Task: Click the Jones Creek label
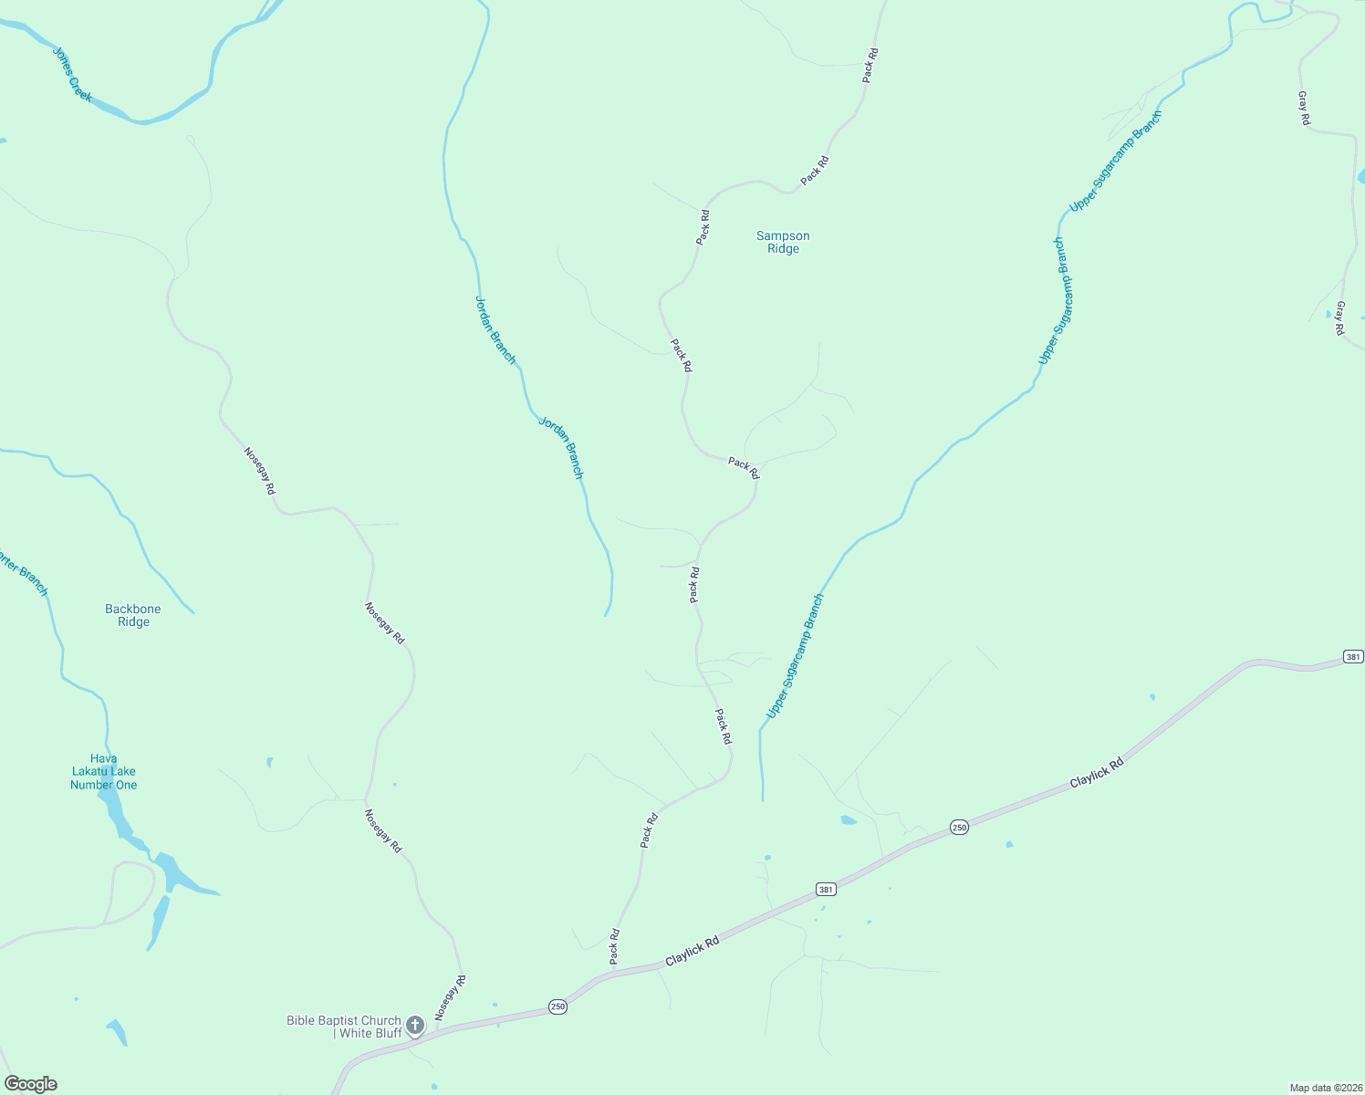pyautogui.click(x=72, y=75)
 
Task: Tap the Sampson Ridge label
pyautogui.click(x=783, y=242)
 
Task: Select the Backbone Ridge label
pyautogui.click(x=133, y=615)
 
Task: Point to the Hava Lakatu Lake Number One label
pyautogui.click(x=103, y=772)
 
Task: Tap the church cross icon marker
pyautogui.click(x=415, y=1025)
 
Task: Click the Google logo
pyautogui.click(x=31, y=1084)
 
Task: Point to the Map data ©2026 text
pyautogui.click(x=1325, y=1088)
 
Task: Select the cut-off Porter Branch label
pyautogui.click(x=24, y=574)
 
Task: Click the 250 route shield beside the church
pyautogui.click(x=557, y=1006)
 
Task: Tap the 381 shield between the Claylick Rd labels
pyautogui.click(x=826, y=889)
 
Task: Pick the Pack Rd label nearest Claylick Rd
pyautogui.click(x=615, y=946)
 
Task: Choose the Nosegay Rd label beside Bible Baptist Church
pyautogui.click(x=451, y=997)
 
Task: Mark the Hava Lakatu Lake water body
pyautogui.click(x=168, y=871)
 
